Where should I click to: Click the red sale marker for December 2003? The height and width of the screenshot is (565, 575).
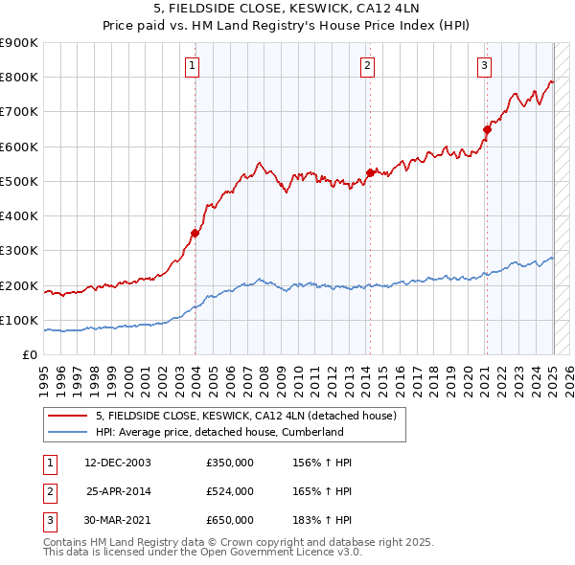(195, 233)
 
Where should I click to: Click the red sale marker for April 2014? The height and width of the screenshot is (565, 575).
(370, 172)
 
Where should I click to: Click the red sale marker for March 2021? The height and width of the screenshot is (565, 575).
(487, 129)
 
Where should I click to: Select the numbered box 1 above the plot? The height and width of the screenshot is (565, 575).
(193, 66)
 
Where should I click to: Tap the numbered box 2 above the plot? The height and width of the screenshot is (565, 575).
(368, 66)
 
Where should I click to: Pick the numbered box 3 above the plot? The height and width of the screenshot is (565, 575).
(485, 66)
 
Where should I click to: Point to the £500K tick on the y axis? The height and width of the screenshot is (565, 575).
(19, 181)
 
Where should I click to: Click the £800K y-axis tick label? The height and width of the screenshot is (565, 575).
(19, 78)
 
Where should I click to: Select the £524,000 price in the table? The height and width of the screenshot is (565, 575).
(229, 491)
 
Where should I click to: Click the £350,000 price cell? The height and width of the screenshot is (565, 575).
(229, 463)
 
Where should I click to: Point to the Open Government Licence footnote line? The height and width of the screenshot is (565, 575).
(201, 553)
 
